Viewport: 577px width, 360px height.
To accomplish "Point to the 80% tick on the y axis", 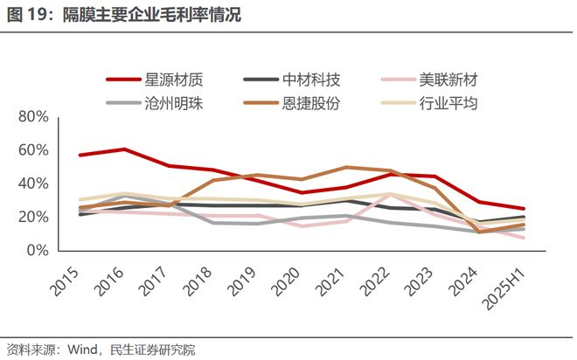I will tap(31, 116).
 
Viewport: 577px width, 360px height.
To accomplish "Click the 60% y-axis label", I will tap(31, 150).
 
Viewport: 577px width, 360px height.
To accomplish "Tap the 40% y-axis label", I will tap(31, 183).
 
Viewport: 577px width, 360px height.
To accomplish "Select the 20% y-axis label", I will tap(31, 217).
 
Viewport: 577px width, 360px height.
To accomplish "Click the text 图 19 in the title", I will tap(27, 16).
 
